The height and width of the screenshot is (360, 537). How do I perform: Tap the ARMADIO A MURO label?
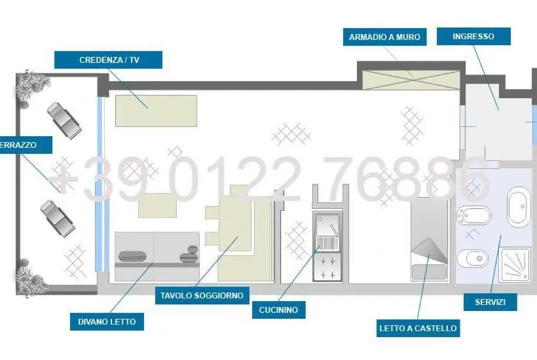(x=384, y=37)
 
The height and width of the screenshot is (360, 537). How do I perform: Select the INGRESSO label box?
(x=473, y=36)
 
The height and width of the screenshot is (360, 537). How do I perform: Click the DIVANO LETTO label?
(x=107, y=321)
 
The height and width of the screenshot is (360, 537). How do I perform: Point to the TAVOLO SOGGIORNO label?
(x=202, y=296)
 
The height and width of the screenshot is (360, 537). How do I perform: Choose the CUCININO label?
(x=278, y=310)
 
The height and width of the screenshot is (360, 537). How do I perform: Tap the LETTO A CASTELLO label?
(x=418, y=328)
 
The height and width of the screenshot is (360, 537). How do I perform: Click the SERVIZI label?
(x=490, y=302)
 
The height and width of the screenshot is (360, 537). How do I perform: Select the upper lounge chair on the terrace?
(x=64, y=120)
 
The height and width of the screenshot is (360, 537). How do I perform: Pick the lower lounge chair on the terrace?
(x=58, y=219)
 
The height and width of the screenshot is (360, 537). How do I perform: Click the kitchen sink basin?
(x=327, y=224)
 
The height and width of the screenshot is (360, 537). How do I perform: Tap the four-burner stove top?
(x=327, y=268)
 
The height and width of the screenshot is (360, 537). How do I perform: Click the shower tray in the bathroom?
(x=514, y=266)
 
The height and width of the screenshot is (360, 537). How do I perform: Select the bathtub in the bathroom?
(x=519, y=207)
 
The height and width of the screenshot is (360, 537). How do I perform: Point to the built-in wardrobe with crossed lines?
(x=411, y=80)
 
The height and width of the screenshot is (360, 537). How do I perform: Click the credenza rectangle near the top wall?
(x=156, y=111)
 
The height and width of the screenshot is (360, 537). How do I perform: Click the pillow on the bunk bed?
(x=429, y=272)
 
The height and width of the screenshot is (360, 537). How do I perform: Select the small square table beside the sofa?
(x=158, y=206)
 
